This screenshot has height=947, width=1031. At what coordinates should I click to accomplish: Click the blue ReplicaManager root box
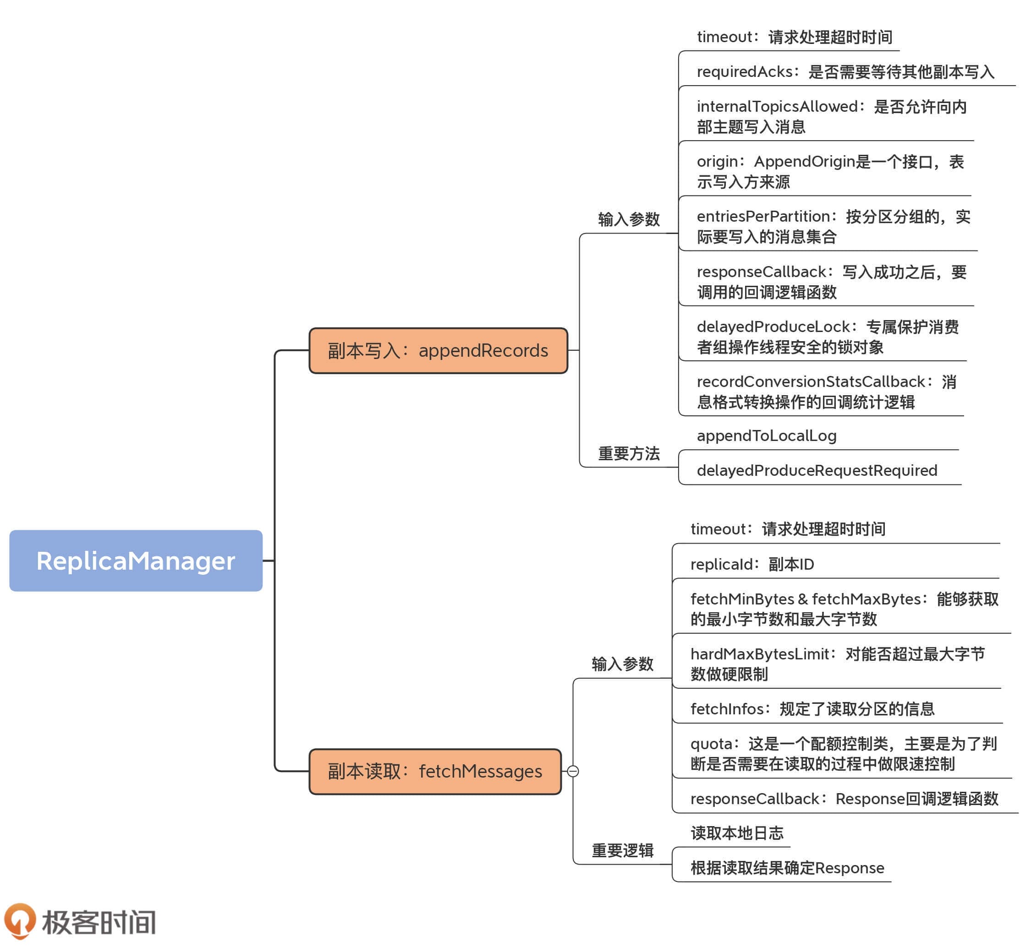136,561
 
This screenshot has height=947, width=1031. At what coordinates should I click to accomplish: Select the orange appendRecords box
439,350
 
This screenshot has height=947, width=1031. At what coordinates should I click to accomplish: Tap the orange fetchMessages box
435,771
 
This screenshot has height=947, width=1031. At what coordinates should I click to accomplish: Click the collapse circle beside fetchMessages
573,771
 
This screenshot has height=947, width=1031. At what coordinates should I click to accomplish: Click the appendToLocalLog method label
767,435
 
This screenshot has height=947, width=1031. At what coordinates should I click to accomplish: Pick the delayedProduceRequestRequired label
817,470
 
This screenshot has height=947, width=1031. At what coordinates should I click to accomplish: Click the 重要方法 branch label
629,453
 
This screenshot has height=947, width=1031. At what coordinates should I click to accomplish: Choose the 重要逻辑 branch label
622,851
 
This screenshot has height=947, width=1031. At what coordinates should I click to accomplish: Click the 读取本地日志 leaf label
737,833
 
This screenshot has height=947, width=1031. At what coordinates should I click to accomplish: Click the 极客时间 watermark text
99,922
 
